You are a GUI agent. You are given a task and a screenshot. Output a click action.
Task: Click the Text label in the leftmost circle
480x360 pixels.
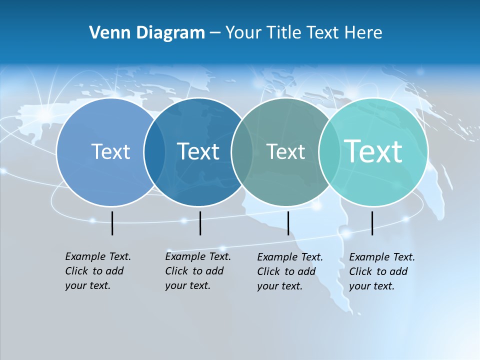point(110,151)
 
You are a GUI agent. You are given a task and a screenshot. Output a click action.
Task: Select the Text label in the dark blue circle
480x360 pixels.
point(198,151)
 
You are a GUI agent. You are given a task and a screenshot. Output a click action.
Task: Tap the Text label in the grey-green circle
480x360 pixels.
point(285,152)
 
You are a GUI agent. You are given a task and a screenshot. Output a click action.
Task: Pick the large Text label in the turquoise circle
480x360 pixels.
point(373,151)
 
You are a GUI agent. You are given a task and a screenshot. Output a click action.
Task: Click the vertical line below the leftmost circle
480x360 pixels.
point(112,223)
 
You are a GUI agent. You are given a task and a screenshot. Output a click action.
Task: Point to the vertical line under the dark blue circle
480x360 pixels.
point(200,223)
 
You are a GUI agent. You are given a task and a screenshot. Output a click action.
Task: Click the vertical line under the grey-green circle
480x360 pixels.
point(288,223)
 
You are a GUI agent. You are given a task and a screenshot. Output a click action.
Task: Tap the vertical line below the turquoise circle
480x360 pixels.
point(372,223)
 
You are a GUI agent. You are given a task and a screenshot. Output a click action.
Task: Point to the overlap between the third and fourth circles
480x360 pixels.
point(327,152)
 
